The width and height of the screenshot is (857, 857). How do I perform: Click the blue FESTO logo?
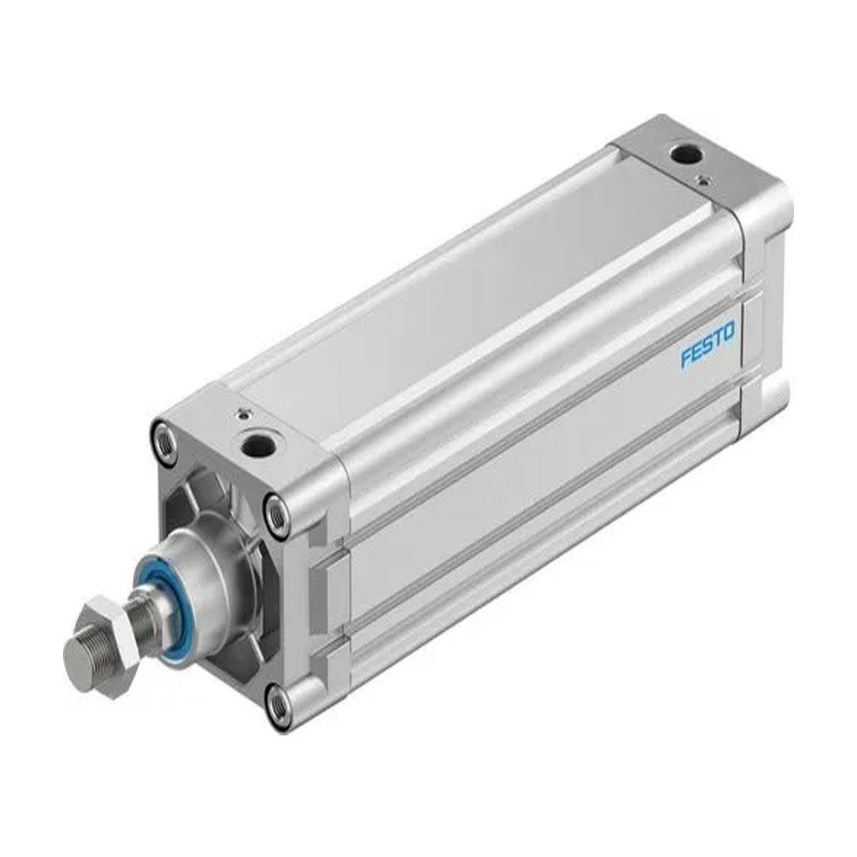707,344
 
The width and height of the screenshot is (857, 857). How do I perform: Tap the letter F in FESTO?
686,358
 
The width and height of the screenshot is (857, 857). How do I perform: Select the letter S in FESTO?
707,345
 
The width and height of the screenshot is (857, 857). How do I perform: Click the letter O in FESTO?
729,331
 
